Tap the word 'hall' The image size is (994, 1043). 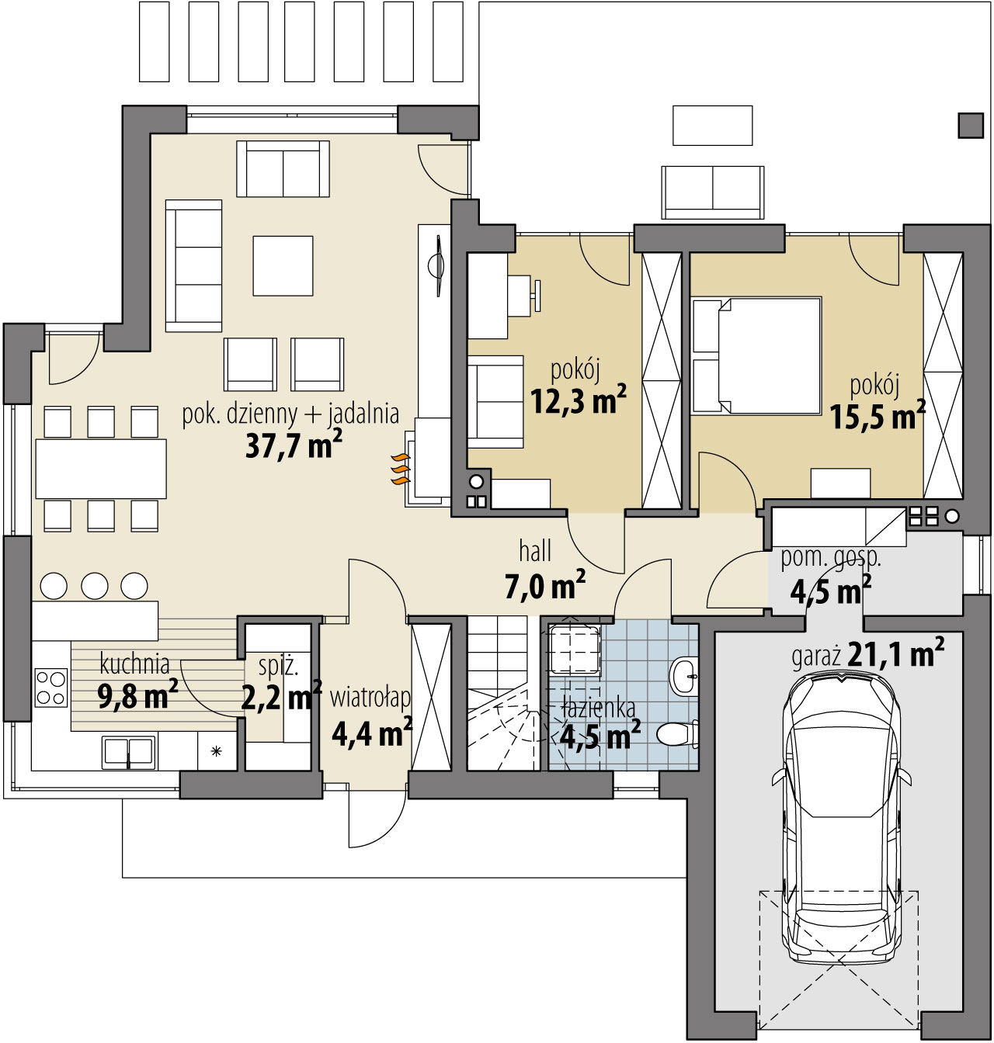[x=535, y=551]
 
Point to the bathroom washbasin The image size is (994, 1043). [x=685, y=677]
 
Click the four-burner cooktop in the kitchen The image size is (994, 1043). [x=51, y=688]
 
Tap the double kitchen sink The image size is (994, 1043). [x=129, y=753]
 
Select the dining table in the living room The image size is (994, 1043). [x=101, y=469]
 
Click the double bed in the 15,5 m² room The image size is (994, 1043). [x=758, y=355]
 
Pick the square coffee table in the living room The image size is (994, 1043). [x=283, y=265]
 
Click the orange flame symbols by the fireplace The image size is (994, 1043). [x=401, y=469]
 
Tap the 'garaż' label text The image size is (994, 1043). [x=817, y=658]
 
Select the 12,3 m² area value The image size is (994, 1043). [x=579, y=401]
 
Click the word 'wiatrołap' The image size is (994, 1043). [x=370, y=698]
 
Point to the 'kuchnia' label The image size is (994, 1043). [x=135, y=664]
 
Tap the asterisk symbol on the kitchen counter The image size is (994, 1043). [x=216, y=750]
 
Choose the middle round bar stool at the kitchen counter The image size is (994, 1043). [x=95, y=586]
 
